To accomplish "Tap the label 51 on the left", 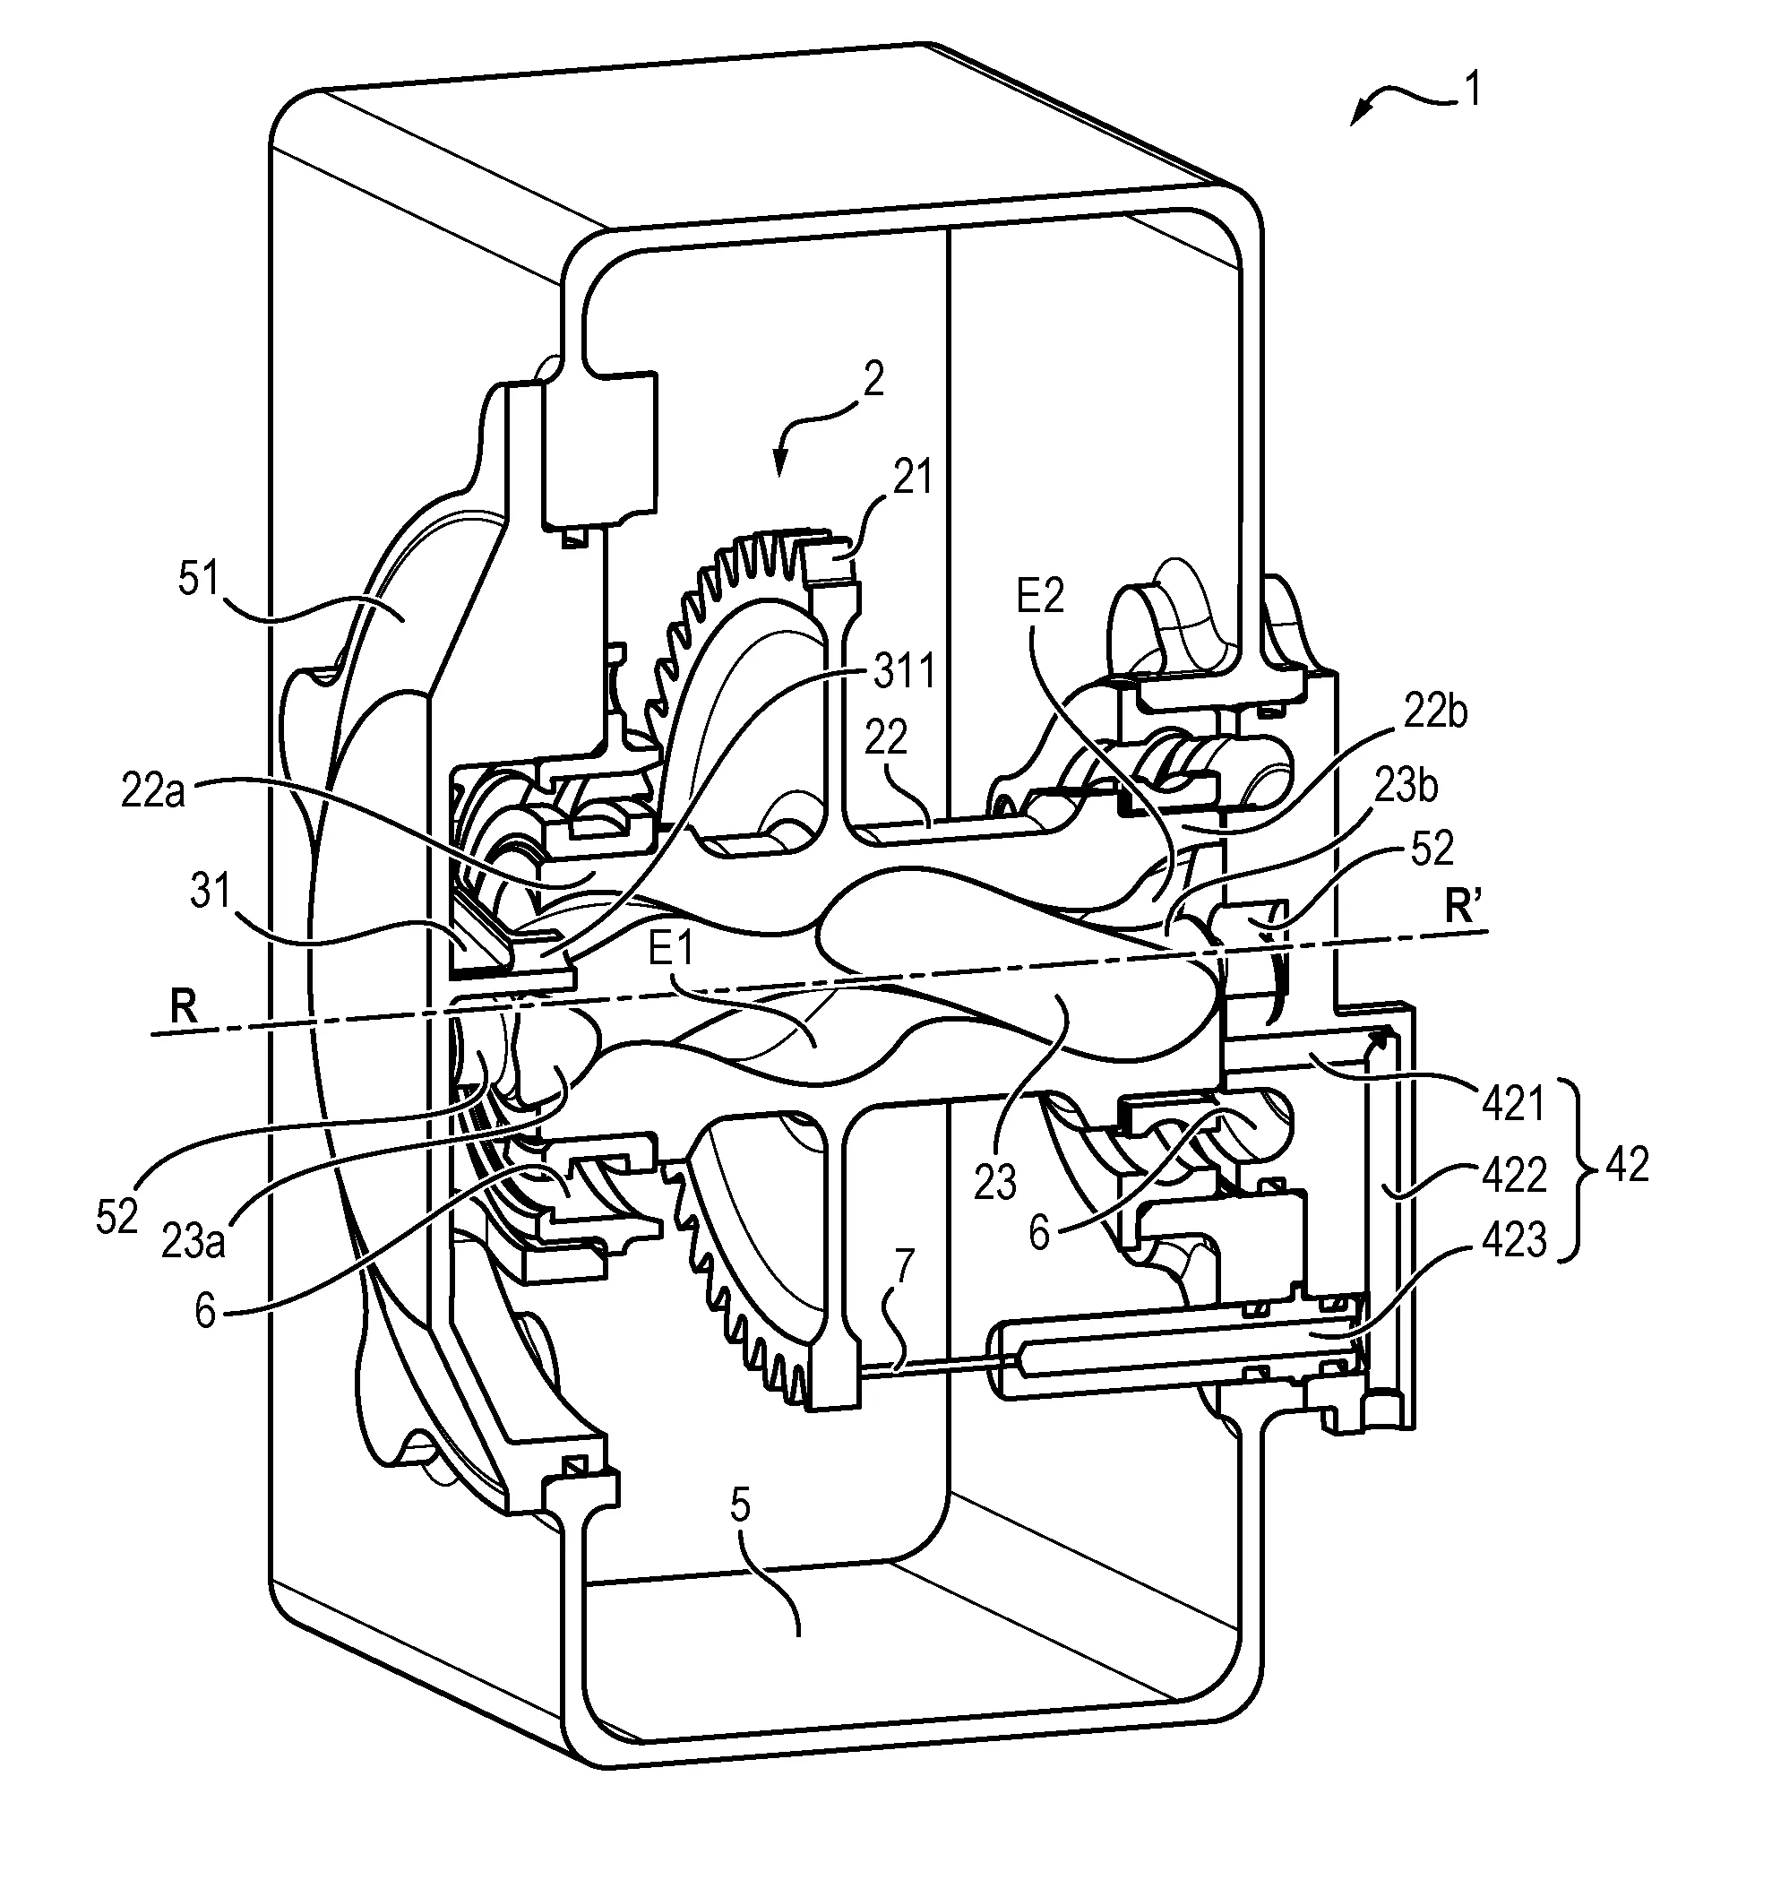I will click(x=199, y=578).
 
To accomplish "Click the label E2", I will click(x=1039, y=597).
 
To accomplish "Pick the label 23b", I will click(x=1406, y=786).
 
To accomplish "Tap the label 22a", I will click(x=152, y=791).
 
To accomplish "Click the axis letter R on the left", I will click(x=185, y=1009).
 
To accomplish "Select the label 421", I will click(x=1513, y=1104).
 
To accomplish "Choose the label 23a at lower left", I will click(x=192, y=1242).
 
